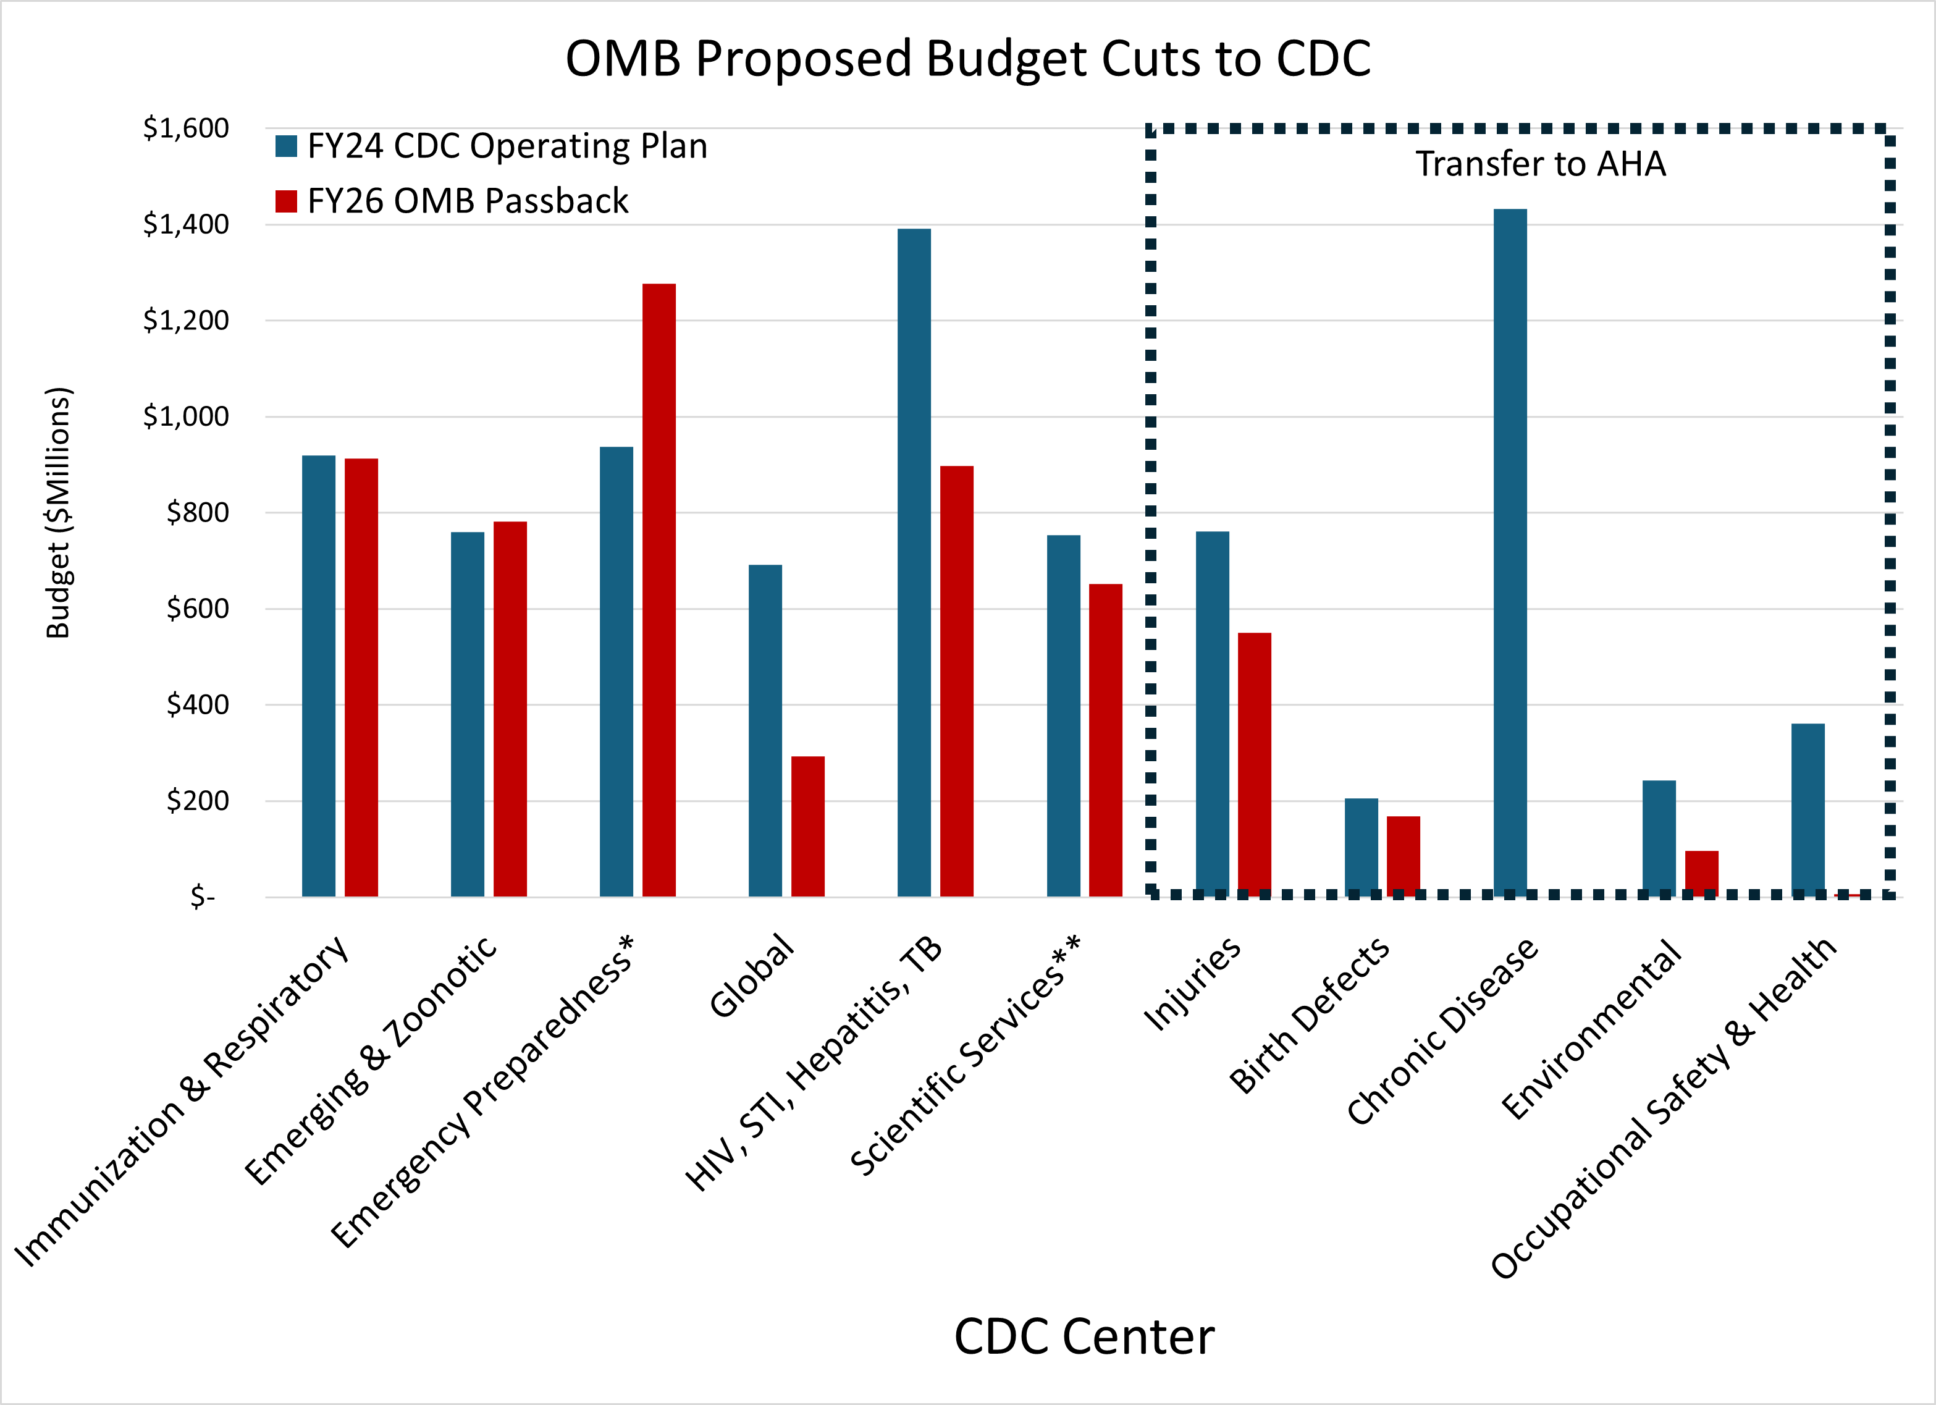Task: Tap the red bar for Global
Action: [x=807, y=826]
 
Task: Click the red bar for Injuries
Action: [x=1254, y=764]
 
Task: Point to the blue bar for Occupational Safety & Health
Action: [x=1808, y=809]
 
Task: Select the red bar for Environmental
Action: [x=1701, y=873]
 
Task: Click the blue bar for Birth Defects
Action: [x=1362, y=846]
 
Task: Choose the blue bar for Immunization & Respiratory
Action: [x=318, y=676]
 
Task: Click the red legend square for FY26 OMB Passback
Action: [x=286, y=201]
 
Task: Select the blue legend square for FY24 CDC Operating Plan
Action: [x=286, y=146]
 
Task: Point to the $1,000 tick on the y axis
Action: [x=185, y=416]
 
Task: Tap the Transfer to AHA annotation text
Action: [x=1541, y=164]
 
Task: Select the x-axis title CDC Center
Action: [x=1084, y=1336]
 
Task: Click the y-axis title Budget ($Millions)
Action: [x=58, y=512]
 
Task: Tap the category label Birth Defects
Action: [x=1310, y=1016]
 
